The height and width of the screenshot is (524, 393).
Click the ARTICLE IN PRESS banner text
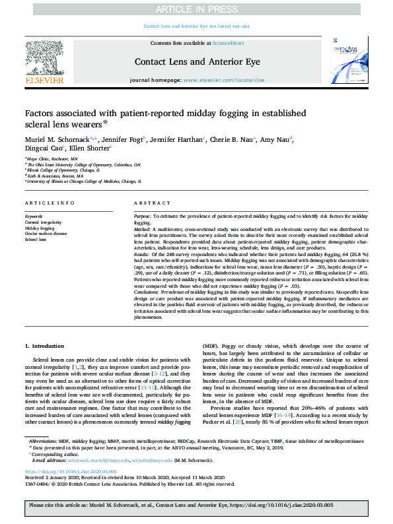point(196,9)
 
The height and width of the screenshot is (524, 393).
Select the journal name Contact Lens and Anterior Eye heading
point(196,61)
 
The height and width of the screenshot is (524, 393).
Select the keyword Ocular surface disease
point(46,234)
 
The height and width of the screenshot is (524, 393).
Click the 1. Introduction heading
point(45,346)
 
